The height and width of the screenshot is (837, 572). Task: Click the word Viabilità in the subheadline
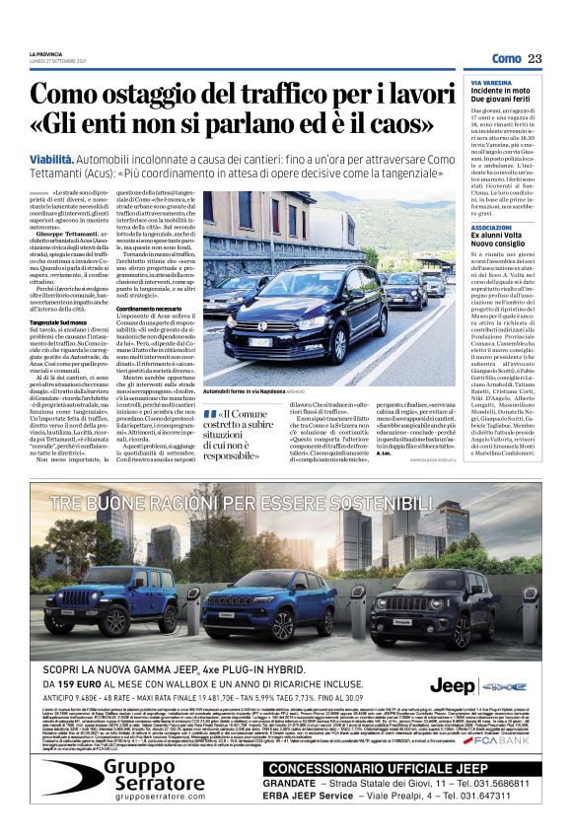(x=51, y=158)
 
